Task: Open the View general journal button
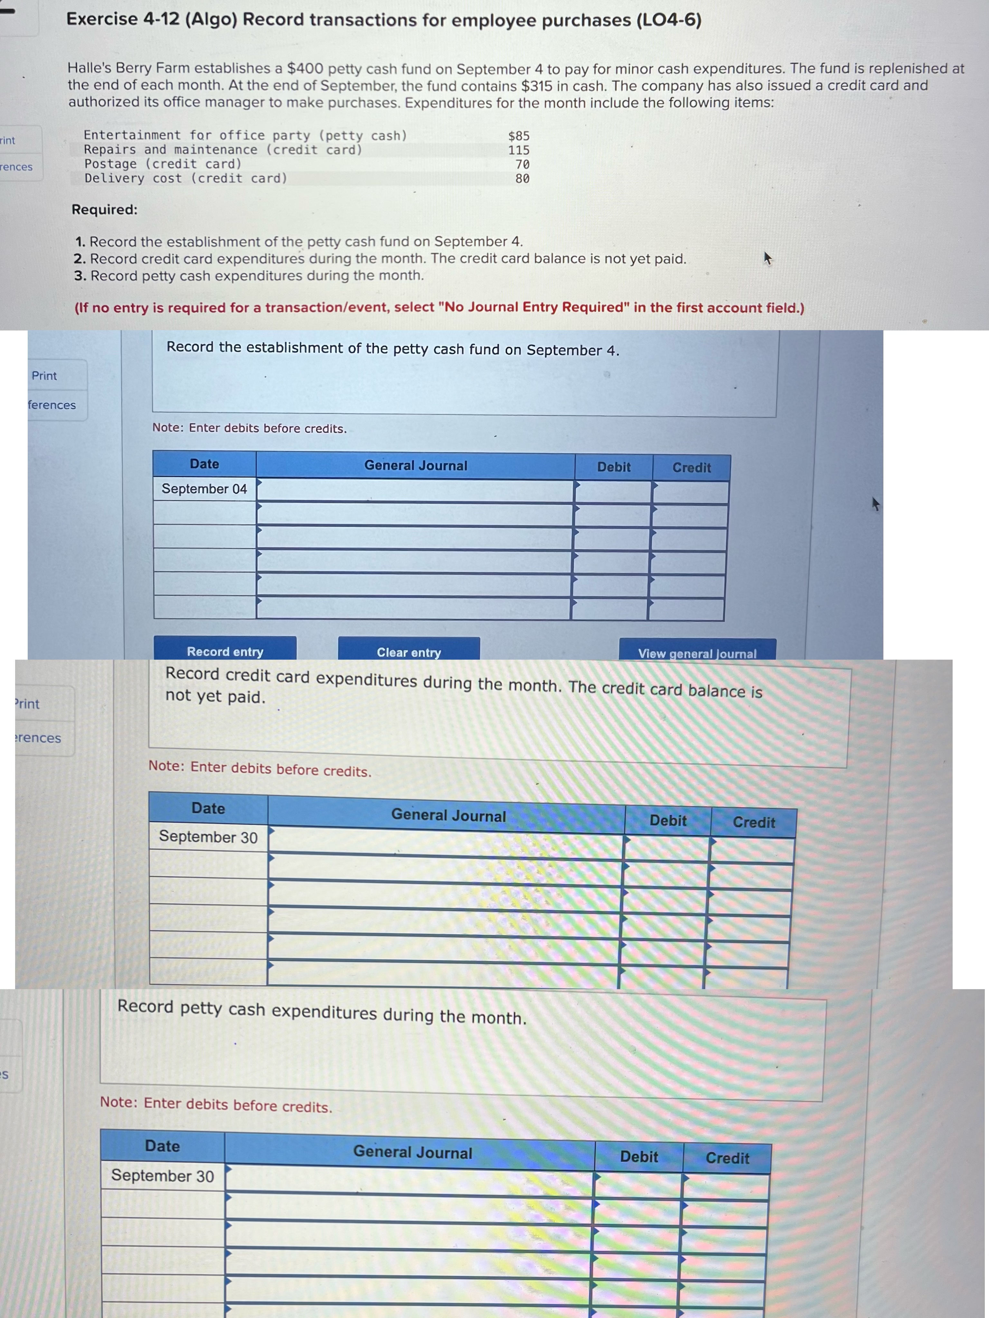697,653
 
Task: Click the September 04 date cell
204,488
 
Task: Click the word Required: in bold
104,210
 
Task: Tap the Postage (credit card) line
163,164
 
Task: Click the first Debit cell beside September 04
613,492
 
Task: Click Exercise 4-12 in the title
122,19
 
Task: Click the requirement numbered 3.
249,276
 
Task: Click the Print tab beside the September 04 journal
45,376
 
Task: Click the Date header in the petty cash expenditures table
162,1146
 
